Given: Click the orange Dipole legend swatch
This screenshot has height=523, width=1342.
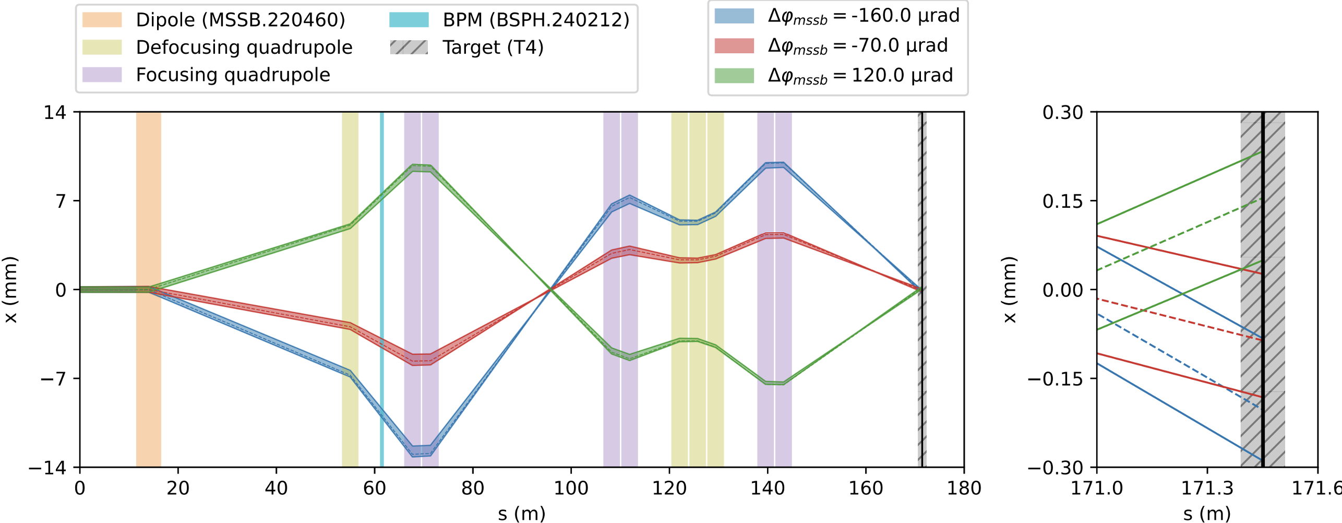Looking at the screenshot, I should coord(102,20).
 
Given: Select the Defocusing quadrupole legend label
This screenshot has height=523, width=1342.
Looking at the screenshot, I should coord(244,47).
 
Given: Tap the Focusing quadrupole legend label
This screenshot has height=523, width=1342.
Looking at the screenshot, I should coord(233,75).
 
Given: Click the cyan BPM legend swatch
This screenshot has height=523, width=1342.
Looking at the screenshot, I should coord(409,20).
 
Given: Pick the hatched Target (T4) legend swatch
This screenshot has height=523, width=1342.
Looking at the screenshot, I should coord(409,47).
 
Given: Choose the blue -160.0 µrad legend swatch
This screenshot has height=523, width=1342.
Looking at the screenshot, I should coord(734,16).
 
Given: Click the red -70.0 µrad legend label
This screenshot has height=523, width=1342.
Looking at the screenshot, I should coord(857,46).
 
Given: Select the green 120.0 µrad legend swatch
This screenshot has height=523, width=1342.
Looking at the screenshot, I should coord(734,76).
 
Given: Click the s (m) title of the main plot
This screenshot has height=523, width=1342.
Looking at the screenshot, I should coord(521,514).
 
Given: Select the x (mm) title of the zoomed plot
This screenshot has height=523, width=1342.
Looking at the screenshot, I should coord(1010,290).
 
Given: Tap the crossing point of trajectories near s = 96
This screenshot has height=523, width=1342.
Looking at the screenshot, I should coord(551,289).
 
